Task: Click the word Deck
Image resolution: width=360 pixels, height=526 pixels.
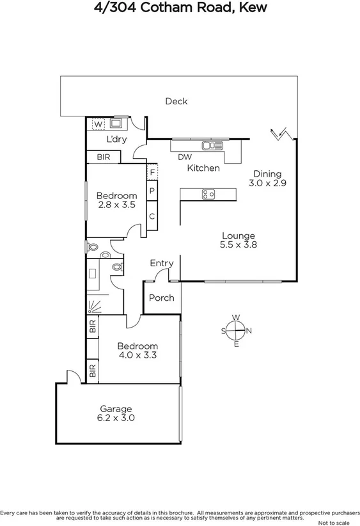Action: coord(176,101)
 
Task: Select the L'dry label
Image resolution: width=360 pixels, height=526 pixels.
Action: coord(116,139)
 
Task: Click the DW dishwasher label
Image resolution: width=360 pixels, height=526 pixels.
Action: coord(184,157)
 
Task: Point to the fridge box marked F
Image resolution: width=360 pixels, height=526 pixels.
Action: coord(152,171)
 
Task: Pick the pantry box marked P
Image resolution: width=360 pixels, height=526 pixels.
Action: coord(152,191)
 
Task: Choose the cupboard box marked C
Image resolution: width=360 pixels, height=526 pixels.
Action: coord(152,216)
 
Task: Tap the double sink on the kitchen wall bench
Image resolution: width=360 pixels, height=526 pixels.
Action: coord(210,145)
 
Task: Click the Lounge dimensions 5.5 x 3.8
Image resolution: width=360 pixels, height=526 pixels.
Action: coord(238,244)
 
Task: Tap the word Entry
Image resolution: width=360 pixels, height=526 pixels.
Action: coord(161,263)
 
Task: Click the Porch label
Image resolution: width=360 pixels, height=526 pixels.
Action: coord(161,298)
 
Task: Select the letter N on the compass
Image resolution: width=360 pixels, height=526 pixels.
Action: coord(249,331)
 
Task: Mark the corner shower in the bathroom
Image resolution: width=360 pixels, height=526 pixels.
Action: coord(95,306)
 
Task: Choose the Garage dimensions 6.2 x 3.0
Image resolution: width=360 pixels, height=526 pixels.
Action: coord(115,418)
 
